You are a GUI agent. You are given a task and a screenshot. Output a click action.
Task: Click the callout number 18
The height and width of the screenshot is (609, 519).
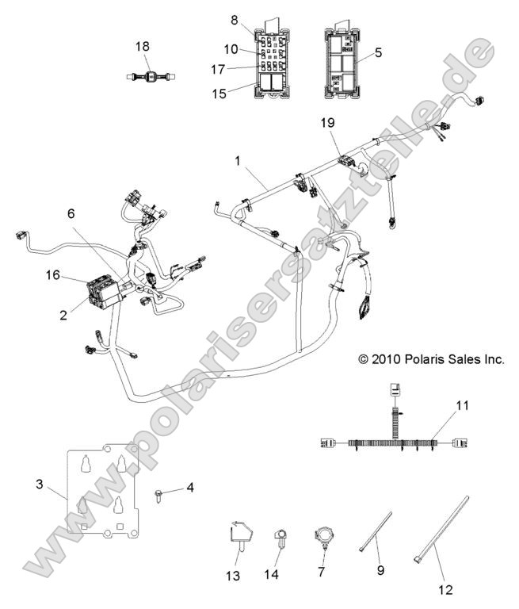[143, 47]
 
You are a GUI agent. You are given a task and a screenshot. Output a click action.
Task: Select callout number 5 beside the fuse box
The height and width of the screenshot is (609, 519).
[378, 54]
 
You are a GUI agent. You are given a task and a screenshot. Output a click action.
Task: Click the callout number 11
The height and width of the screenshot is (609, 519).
[463, 405]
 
